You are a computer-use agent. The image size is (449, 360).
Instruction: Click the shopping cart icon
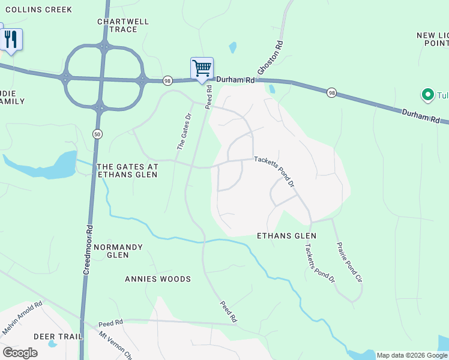tap(202, 68)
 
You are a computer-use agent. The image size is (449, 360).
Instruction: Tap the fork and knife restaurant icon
tap(11, 39)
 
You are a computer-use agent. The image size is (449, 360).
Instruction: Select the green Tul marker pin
tap(427, 94)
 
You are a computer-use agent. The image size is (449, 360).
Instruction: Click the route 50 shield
tap(97, 134)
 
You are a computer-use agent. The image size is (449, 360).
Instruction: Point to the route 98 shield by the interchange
tap(167, 80)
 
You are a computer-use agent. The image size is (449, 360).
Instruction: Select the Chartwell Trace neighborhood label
tap(123, 25)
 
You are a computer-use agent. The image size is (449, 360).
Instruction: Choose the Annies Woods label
tap(158, 279)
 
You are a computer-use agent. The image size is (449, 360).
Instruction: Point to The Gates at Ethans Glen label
tap(127, 170)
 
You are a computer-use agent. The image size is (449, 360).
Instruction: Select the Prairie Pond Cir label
tap(350, 262)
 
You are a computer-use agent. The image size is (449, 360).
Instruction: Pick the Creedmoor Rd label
tap(88, 250)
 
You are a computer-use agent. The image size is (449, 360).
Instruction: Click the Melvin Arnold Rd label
tap(23, 318)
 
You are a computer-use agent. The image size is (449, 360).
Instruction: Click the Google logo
tap(20, 353)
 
